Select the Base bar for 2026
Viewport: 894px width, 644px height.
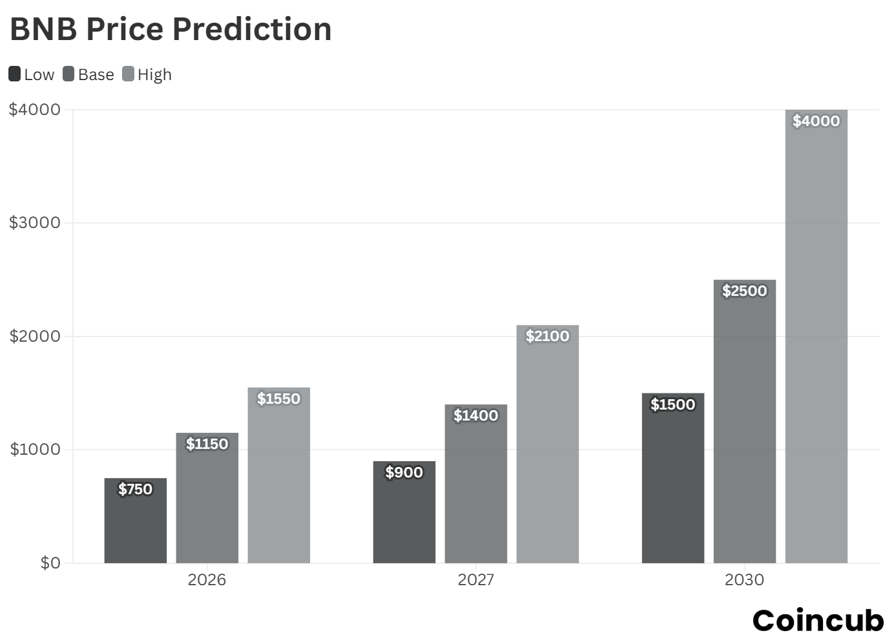[x=207, y=504]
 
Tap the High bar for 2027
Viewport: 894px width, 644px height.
[x=548, y=452]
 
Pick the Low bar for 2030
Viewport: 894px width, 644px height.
[x=673, y=484]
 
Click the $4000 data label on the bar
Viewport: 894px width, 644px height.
[x=816, y=121]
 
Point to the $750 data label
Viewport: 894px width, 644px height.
[x=136, y=489]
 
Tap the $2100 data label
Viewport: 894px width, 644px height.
[x=548, y=336]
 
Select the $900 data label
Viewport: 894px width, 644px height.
[x=404, y=472]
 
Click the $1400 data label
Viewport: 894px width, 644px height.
[x=476, y=415]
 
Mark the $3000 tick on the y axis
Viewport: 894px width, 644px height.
[x=35, y=223]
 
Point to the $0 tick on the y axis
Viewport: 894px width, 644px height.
[x=50, y=563]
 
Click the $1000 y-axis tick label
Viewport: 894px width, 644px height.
[x=35, y=449]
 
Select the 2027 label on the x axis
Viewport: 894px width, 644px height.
[x=476, y=579]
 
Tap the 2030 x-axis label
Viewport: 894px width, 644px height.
[x=744, y=579]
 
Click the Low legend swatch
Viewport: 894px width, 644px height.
[x=15, y=74]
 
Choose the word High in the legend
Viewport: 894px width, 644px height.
[x=154, y=75]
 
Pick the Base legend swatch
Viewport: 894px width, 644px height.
[x=69, y=74]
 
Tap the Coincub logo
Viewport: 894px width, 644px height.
[x=818, y=620]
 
